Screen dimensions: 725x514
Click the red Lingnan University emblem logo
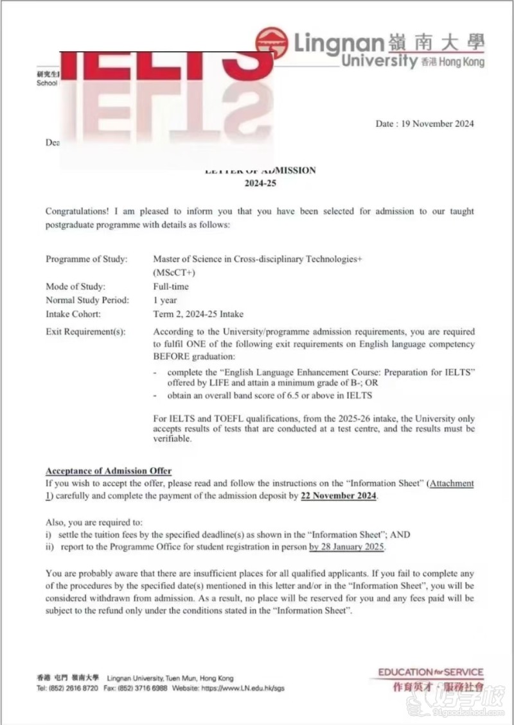click(x=272, y=43)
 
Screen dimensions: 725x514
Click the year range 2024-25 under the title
click(x=260, y=183)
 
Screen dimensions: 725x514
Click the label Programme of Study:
click(x=87, y=259)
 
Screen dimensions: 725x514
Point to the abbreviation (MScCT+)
click(x=174, y=273)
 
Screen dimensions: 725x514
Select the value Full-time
click(x=171, y=287)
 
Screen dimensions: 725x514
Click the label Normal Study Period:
click(x=87, y=300)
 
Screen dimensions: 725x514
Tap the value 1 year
click(x=164, y=300)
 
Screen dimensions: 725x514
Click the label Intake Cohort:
click(x=73, y=314)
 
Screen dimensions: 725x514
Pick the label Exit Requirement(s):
click(x=85, y=332)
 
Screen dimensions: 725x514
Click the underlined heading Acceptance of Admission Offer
click(x=109, y=472)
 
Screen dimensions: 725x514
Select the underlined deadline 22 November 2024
click(x=339, y=496)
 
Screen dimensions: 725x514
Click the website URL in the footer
click(x=243, y=688)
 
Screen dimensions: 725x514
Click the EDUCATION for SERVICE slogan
click(x=430, y=672)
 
